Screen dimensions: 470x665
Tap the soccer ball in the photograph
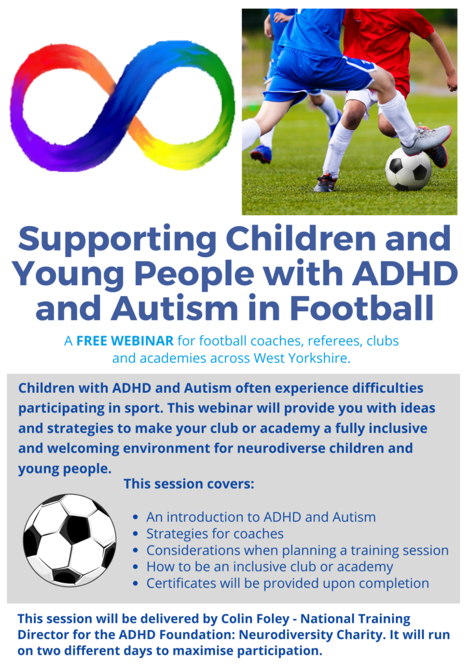[x=408, y=169]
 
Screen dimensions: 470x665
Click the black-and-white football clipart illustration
[x=69, y=540]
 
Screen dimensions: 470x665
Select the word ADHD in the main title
[x=405, y=273]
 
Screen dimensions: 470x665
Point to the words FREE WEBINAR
[x=125, y=340]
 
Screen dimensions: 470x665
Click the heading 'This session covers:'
[x=189, y=483]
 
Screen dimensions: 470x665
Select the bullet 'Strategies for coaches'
[x=215, y=534]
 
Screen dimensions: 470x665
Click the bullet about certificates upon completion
[x=288, y=583]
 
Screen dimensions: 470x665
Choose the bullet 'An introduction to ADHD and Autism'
[x=261, y=517]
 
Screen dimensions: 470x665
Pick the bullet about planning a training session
[x=297, y=550]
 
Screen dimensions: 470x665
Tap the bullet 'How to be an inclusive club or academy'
[x=270, y=566]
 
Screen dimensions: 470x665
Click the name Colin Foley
[x=254, y=619]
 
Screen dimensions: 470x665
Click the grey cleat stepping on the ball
[x=426, y=140]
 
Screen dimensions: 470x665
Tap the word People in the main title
[x=195, y=275]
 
